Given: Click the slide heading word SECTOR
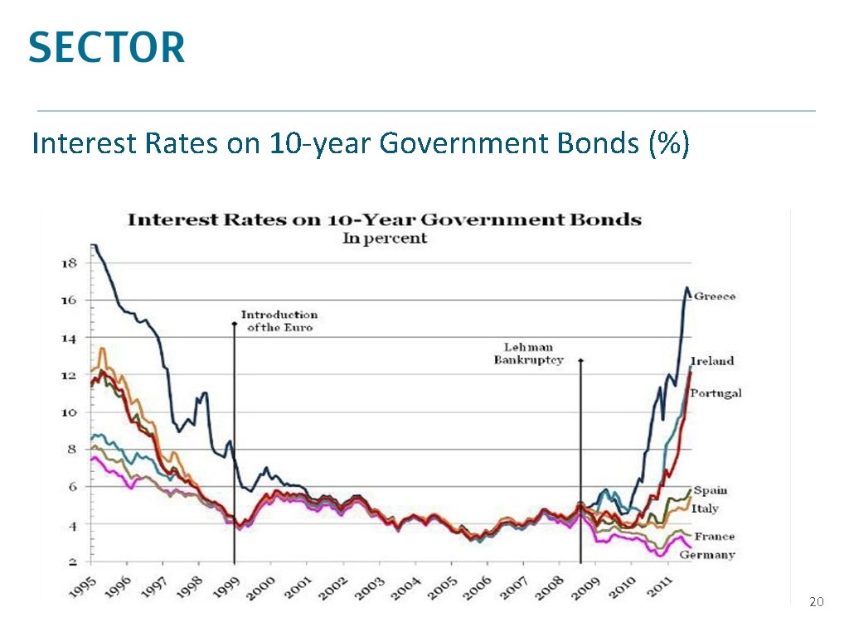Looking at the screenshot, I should coord(107,47).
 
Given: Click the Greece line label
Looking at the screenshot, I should coord(714,296).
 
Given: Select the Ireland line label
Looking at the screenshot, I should coord(712,361).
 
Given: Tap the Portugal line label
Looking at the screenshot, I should coord(716,393).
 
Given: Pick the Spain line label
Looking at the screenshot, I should coord(711,490).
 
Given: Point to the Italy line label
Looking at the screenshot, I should coord(705,508).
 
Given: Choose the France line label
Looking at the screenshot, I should coord(714,537).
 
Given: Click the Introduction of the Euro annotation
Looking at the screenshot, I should coord(279,321).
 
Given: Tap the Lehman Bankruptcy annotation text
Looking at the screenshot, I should coord(528,354).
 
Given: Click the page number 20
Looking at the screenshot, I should coord(816,602).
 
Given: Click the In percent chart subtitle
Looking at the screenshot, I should coord(385,238).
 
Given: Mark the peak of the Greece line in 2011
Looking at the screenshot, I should coord(686,287).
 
